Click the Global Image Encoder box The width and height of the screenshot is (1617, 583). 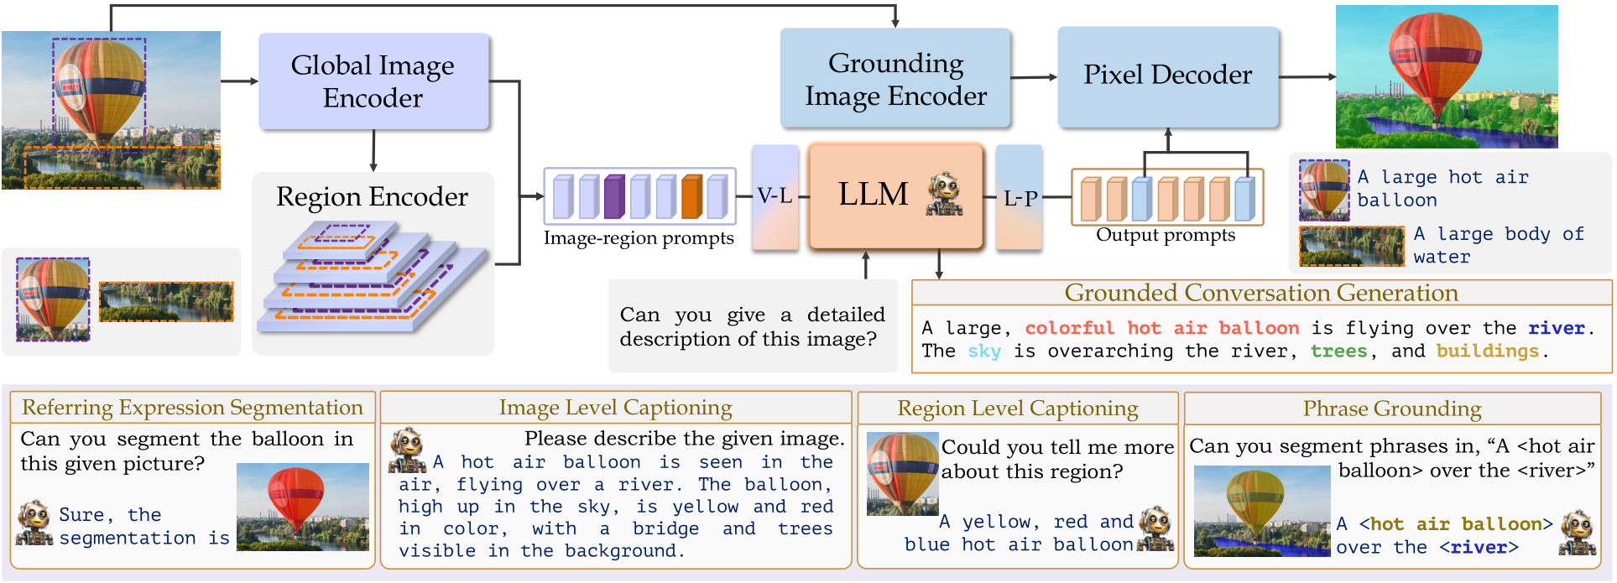pyautogui.click(x=373, y=81)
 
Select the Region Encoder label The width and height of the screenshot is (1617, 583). pyautogui.click(x=372, y=196)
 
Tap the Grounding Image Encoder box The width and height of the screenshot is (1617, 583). pyautogui.click(x=895, y=79)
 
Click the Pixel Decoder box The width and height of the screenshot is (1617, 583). pyautogui.click(x=1167, y=75)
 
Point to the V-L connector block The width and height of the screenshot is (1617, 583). pyautogui.click(x=775, y=197)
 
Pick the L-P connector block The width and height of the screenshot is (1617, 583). pyautogui.click(x=1020, y=199)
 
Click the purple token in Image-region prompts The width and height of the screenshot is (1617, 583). pyautogui.click(x=614, y=196)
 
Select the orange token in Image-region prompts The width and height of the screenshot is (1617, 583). pyautogui.click(x=691, y=196)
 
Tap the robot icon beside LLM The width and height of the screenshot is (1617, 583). pyautogui.click(x=945, y=195)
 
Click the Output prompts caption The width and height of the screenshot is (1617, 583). pyautogui.click(x=1165, y=236)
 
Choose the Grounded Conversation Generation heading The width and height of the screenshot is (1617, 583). pyautogui.click(x=1260, y=293)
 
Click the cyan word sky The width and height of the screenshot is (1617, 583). pyautogui.click(x=983, y=351)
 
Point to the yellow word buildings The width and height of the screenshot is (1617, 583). pyautogui.click(x=1487, y=351)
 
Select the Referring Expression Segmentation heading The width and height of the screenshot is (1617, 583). pyautogui.click(x=192, y=408)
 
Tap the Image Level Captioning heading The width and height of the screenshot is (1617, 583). pyautogui.click(x=615, y=408)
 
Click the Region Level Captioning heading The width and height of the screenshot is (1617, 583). pyautogui.click(x=1017, y=409)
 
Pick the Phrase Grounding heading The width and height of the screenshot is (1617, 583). pyautogui.click(x=1391, y=409)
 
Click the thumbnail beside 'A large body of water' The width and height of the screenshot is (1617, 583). pyautogui.click(x=1350, y=246)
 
